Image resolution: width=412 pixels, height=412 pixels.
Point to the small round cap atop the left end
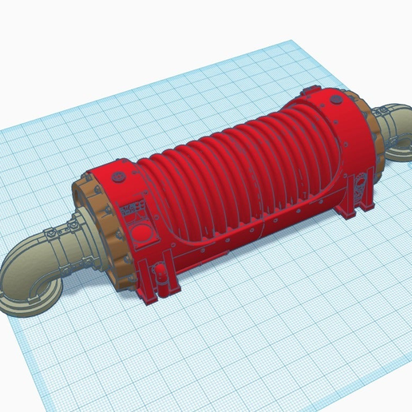point(120,174)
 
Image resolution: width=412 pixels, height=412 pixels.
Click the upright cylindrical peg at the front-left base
point(166,275)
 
